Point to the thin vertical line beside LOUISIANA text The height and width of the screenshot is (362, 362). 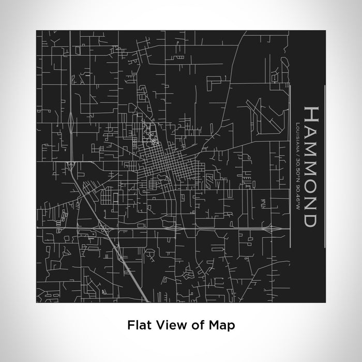[291, 165]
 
